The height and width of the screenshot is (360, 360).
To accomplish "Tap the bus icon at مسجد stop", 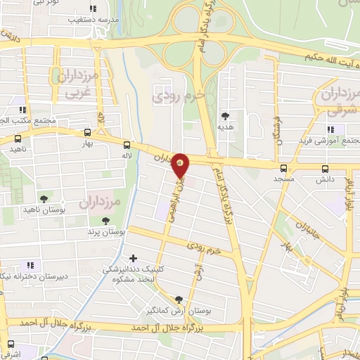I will pos(283,168).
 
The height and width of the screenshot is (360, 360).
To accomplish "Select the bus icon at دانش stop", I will pos(324,168).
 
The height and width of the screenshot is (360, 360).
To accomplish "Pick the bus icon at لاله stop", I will pos(127,143).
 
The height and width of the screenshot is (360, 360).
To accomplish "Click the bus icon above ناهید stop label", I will pos(15,139).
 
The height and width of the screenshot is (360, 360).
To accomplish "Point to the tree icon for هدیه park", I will pos(225,116).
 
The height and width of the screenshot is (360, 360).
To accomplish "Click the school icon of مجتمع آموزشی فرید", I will pos(330,129).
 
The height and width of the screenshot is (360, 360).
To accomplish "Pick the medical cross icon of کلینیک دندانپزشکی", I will pos(133,258).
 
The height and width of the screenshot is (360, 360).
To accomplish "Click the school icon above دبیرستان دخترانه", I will pos(31,265).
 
